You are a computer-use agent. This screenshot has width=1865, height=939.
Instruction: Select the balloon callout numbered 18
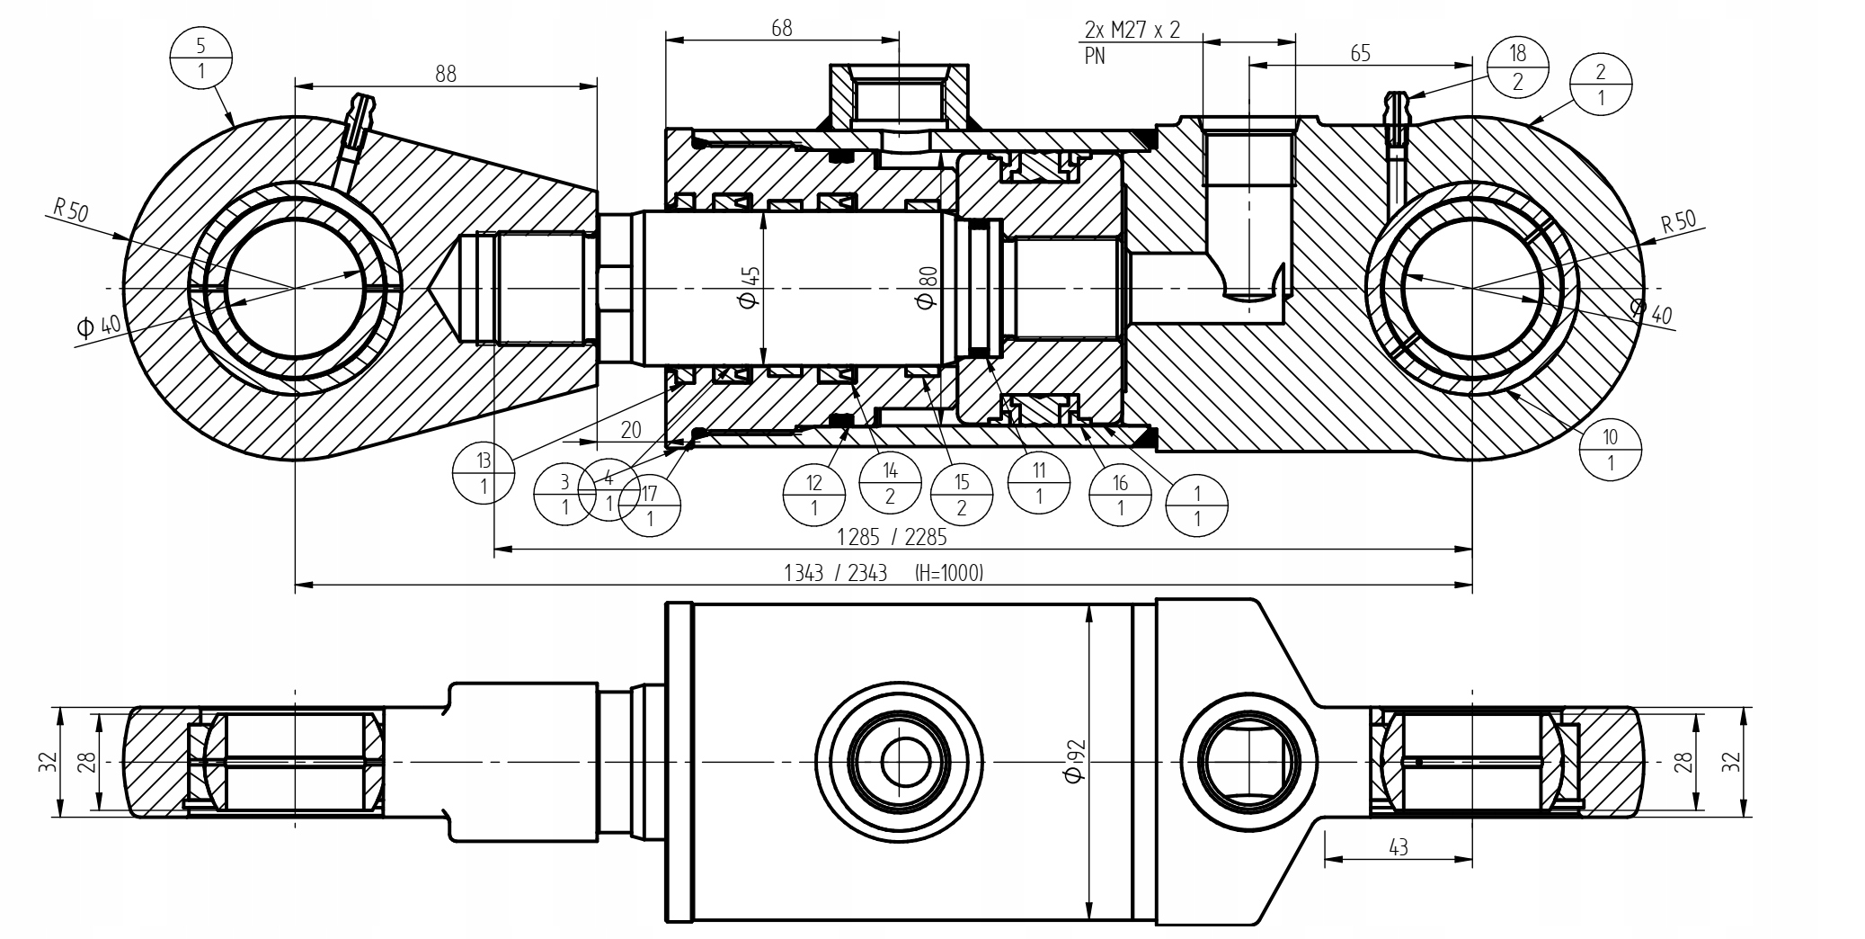tap(1518, 67)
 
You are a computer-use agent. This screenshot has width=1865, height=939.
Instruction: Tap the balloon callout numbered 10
tap(1609, 450)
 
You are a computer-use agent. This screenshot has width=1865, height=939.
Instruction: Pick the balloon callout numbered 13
tap(484, 473)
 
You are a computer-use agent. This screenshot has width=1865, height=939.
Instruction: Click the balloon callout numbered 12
tap(813, 494)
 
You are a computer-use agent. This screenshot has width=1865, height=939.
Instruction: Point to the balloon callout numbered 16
tap(1120, 495)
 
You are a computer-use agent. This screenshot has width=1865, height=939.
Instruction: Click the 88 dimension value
tap(446, 74)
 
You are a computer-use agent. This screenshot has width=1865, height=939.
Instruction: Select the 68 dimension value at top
tap(781, 28)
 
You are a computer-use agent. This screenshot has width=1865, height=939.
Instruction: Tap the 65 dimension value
tap(1360, 53)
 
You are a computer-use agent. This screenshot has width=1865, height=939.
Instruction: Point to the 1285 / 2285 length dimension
tap(892, 537)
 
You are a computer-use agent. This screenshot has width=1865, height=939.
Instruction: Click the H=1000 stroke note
tap(948, 573)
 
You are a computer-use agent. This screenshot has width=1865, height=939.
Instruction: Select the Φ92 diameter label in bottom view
tap(1074, 761)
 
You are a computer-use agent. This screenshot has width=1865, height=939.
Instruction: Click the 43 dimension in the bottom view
tap(1398, 847)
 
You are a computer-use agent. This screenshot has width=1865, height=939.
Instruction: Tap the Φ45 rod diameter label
tap(751, 285)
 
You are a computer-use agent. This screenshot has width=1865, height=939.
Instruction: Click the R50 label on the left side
tap(70, 212)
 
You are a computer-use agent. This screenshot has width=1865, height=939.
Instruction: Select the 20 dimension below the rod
tap(631, 430)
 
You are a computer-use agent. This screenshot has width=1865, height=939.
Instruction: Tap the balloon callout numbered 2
tap(1600, 85)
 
